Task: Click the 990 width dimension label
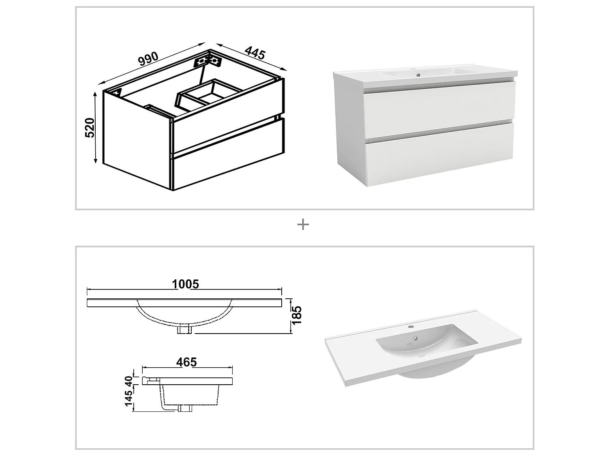(148, 59)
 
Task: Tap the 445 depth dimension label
(255, 54)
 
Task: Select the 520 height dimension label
(90, 127)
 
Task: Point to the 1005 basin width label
(185, 284)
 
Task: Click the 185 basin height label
(297, 315)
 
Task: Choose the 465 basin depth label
(186, 362)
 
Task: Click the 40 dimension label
(128, 381)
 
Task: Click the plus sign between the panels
(303, 225)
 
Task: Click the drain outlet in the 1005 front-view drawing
(185, 330)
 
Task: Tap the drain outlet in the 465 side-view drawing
(185, 408)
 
